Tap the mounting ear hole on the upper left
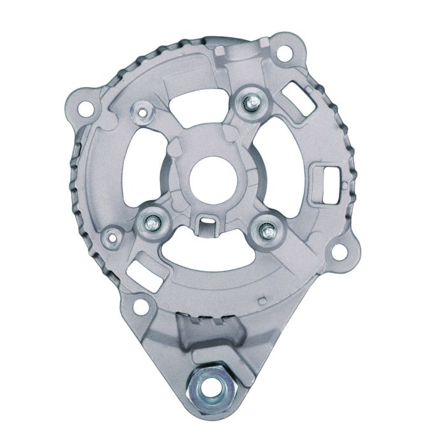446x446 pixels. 82,106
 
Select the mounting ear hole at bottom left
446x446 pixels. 136,304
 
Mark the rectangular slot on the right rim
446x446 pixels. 326,173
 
